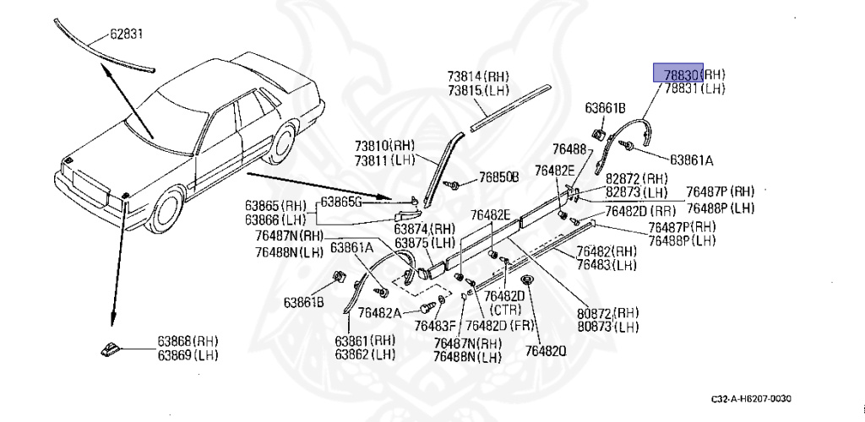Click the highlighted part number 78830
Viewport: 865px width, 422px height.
(x=678, y=74)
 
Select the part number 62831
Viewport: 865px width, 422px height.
(x=128, y=35)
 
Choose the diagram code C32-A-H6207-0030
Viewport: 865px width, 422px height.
(x=751, y=398)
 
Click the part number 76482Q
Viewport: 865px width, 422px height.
(x=545, y=351)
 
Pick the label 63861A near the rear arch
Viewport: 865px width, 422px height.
(x=692, y=159)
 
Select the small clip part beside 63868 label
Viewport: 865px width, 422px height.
(x=111, y=349)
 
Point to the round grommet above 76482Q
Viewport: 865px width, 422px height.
(x=526, y=280)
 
